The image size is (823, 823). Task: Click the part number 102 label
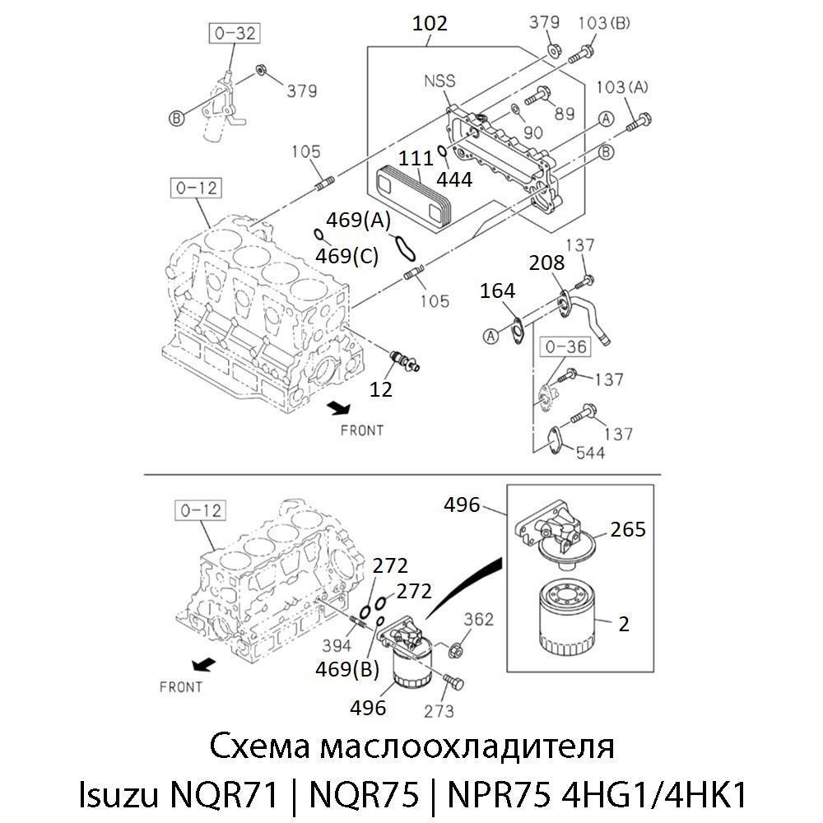[430, 24]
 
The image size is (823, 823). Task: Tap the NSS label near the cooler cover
[439, 81]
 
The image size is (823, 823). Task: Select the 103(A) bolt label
[621, 87]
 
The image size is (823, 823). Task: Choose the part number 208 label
[547, 263]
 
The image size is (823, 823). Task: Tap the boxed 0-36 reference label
[565, 347]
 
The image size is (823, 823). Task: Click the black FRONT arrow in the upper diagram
[337, 407]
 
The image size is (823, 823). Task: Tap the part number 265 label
[628, 529]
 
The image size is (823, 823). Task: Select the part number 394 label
[337, 644]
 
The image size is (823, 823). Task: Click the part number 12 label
[380, 388]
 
